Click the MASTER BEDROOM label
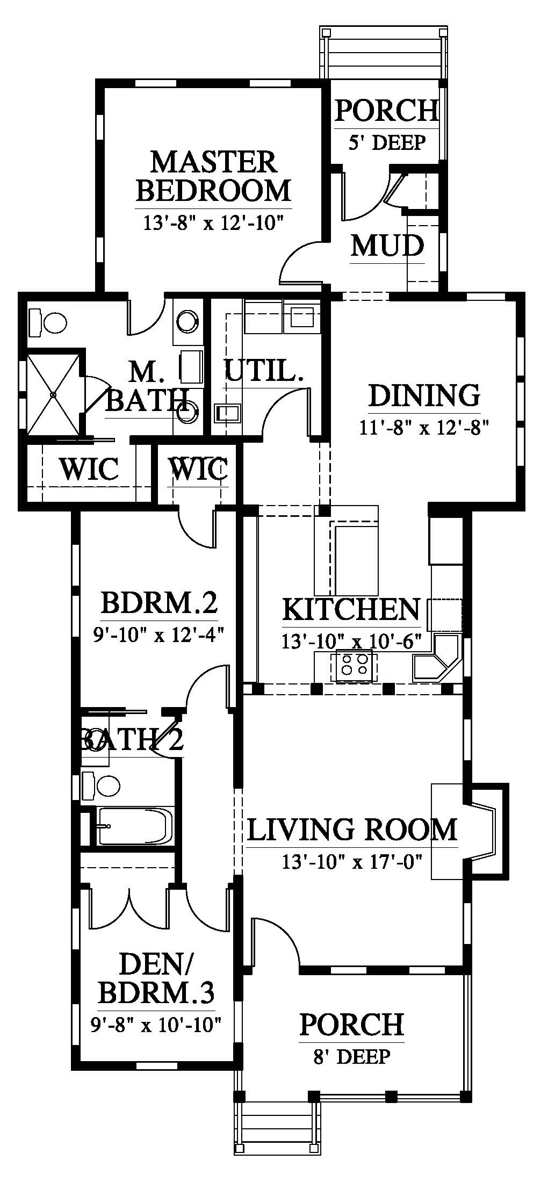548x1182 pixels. click(x=213, y=176)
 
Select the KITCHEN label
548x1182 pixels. click(x=351, y=609)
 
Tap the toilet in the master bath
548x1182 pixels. click(x=48, y=322)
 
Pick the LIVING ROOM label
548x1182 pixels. click(x=352, y=829)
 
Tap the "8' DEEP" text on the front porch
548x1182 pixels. click(x=352, y=1057)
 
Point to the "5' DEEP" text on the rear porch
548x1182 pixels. click(x=387, y=142)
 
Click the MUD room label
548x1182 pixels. click(x=387, y=246)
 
